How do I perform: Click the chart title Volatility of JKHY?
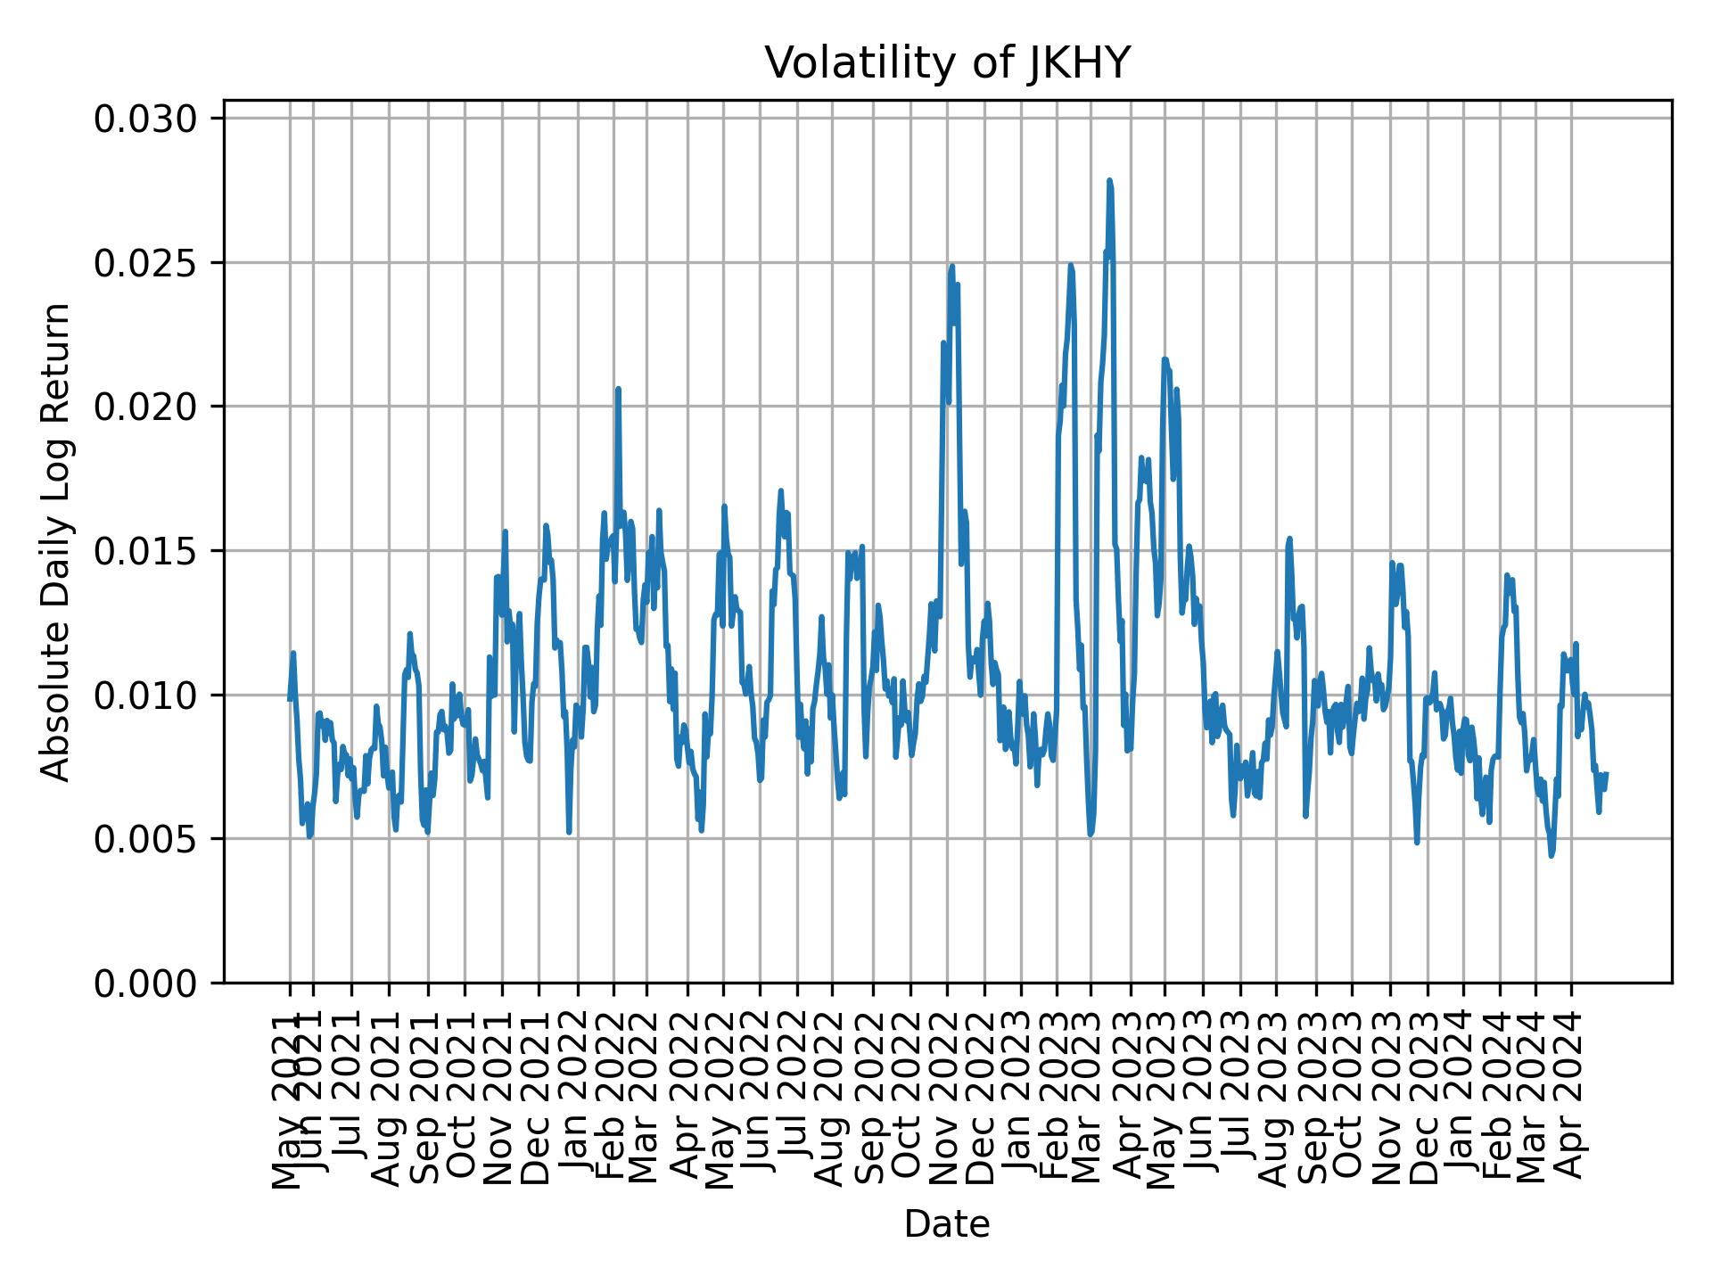[947, 63]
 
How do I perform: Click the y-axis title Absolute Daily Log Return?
[57, 541]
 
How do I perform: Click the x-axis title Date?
[947, 1224]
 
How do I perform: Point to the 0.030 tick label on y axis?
[146, 119]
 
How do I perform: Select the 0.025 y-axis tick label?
[146, 263]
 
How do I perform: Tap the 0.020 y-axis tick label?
[146, 407]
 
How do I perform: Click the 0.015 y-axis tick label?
[146, 551]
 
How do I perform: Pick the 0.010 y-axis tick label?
[146, 695]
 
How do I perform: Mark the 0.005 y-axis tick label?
[146, 839]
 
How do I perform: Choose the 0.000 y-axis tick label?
[146, 983]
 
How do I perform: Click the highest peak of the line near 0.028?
[1109, 181]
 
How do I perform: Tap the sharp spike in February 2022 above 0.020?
[618, 390]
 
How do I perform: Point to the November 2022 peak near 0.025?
[952, 267]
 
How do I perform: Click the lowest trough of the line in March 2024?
[1551, 855]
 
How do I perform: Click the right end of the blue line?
[1606, 774]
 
